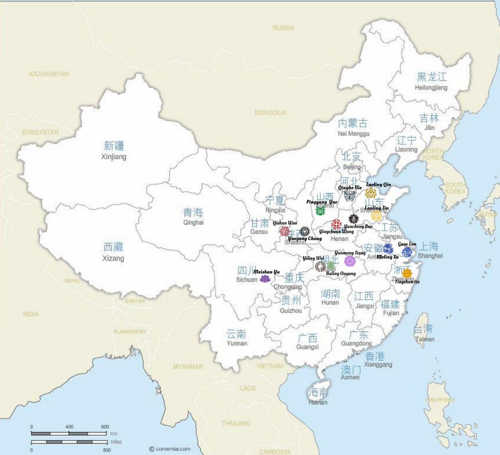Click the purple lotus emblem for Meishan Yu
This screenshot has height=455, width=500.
[x=265, y=278]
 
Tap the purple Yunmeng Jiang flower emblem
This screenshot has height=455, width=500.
[x=350, y=261]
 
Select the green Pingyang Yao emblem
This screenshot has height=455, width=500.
[x=320, y=211]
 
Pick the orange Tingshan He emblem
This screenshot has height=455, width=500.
[x=407, y=273]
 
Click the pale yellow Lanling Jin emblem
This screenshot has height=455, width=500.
[x=376, y=216]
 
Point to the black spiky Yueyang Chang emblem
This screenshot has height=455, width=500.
[x=305, y=231]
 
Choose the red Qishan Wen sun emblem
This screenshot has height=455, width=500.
[x=285, y=231]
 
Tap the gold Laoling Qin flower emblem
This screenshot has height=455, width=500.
[x=371, y=193]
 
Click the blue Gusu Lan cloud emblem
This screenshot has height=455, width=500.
[x=407, y=252]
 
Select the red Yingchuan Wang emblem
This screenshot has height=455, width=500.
[x=336, y=224]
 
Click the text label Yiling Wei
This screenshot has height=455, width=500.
[x=313, y=258]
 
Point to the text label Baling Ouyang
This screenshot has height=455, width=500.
[x=341, y=273]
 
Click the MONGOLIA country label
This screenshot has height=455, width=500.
[x=270, y=112]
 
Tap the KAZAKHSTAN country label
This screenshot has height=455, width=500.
[x=49, y=74]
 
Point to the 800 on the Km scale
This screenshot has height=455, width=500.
[x=105, y=427]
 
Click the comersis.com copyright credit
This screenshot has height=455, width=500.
[x=170, y=449]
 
